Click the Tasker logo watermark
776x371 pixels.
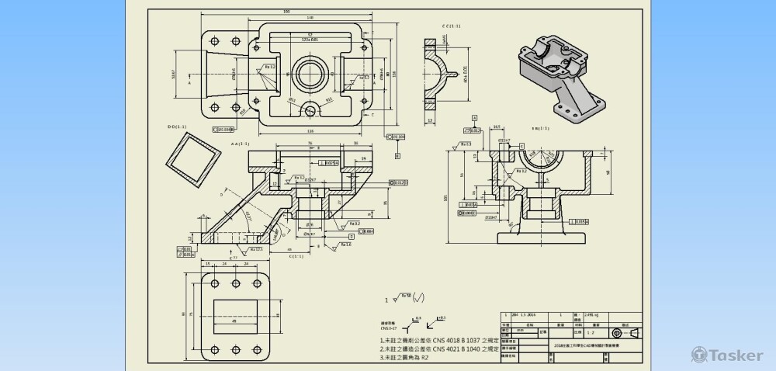coord(727,355)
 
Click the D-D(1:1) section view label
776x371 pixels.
coord(177,127)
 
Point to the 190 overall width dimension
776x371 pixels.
coord(287,12)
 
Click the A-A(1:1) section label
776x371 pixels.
coord(239,144)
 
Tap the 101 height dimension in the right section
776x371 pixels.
coord(445,197)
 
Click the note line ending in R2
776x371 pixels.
coord(405,358)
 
